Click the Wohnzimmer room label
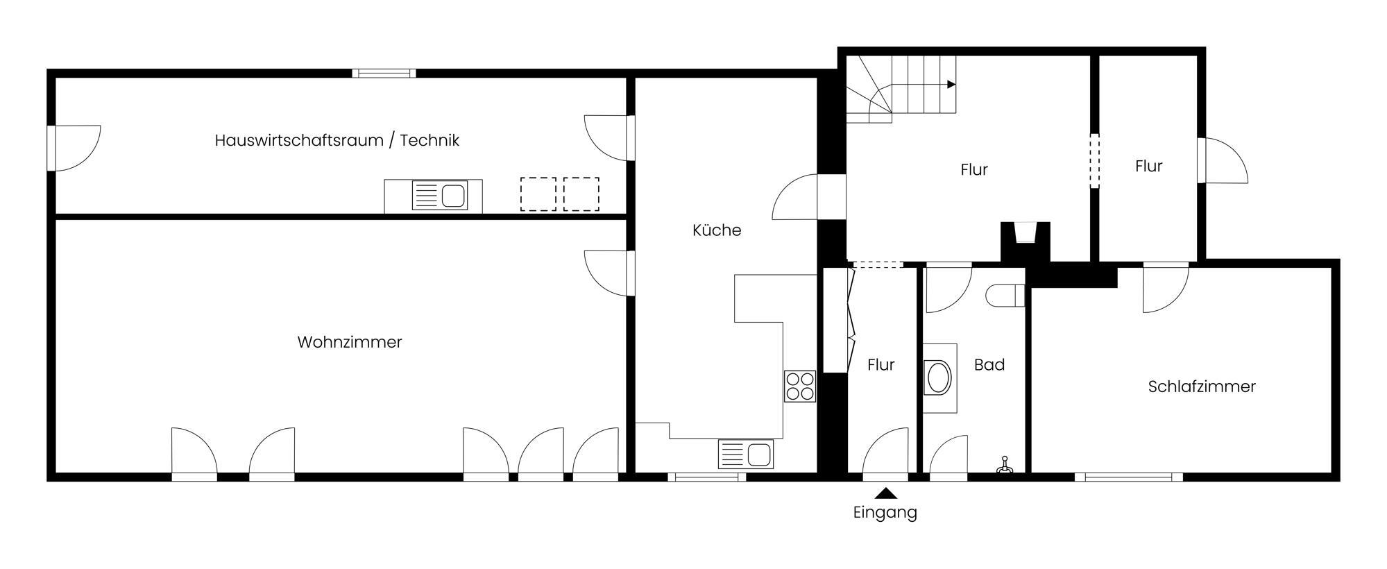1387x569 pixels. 350,342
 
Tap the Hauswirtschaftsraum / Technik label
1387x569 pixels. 337,140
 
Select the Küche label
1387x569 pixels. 717,230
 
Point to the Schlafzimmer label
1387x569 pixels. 1202,387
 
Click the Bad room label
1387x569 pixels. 989,364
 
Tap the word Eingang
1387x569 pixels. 885,513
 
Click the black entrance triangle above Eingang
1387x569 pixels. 885,493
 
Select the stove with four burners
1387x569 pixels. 800,387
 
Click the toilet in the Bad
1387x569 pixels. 1005,295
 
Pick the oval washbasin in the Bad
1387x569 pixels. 939,378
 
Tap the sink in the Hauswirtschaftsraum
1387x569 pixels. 439,195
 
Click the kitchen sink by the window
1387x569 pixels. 746,455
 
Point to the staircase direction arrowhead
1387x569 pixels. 951,85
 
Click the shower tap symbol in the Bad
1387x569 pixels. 1004,466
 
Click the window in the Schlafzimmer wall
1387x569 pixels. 1129,477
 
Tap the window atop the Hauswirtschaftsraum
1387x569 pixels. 384,73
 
